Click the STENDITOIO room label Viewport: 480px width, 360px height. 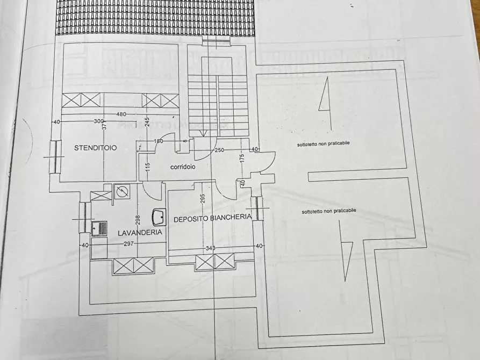96,147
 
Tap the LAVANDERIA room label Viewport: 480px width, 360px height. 140,232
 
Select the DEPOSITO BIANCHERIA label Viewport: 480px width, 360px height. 212,218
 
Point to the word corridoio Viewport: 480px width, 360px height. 183,167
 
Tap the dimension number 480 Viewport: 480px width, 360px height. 121,114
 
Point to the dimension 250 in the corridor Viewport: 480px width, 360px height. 219,150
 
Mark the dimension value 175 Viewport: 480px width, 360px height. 242,159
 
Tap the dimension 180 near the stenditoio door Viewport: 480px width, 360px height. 158,141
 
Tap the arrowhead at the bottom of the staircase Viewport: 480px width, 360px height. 204,133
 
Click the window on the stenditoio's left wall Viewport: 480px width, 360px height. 54,156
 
